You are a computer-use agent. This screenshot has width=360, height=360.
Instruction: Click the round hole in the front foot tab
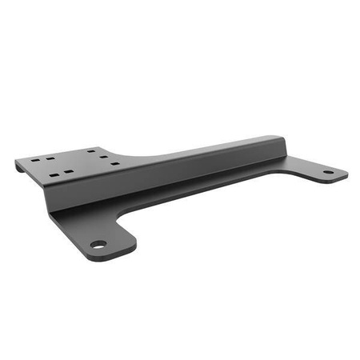97,244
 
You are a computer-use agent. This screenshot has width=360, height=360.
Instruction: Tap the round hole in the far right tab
327,172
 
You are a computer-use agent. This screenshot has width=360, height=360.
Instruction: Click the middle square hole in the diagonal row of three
104,156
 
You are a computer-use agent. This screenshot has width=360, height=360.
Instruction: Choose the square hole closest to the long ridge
117,163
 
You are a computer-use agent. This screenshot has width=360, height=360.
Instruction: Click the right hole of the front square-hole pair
69,170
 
